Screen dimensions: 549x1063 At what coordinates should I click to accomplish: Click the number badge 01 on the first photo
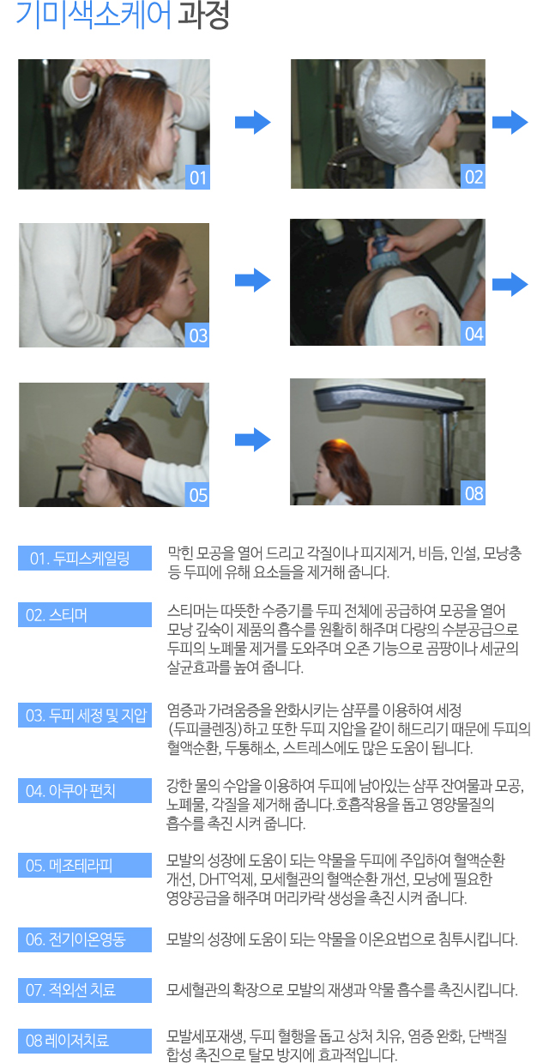pos(197,177)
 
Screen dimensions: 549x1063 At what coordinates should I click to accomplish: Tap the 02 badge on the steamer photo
pos(473,177)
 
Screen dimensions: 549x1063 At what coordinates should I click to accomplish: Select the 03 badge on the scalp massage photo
pos(197,335)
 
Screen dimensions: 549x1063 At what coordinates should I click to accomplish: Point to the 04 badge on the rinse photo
pos(473,334)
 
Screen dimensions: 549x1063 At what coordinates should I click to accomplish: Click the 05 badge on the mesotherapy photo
pos(197,495)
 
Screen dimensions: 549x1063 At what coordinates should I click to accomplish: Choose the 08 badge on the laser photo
pos(473,493)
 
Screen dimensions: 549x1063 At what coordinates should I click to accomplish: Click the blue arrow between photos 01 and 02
pos(253,122)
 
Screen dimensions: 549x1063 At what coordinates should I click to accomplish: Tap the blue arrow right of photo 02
pos(510,122)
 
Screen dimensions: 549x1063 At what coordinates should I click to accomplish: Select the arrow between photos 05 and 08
pos(253,439)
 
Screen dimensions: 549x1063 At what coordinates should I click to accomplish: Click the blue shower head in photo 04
pos(381,247)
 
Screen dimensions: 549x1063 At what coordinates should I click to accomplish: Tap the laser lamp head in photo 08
pos(387,395)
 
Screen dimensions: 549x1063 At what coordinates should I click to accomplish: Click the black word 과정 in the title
pos(204,15)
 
